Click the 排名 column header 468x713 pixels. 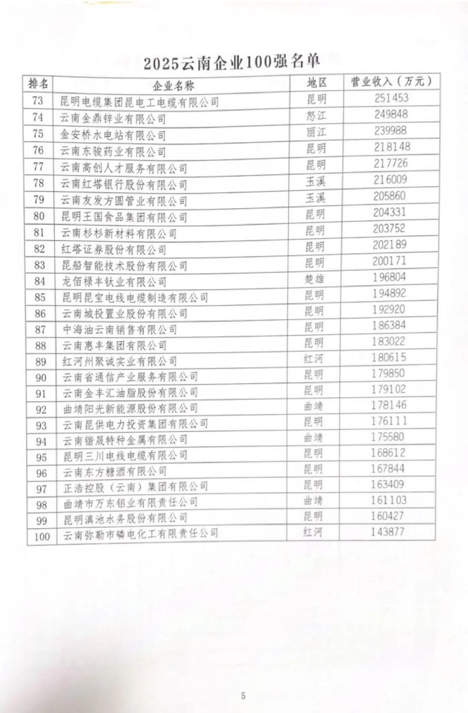point(39,84)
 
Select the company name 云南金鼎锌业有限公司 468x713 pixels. point(113,119)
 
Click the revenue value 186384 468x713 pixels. point(392,327)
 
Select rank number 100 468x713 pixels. point(41,535)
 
